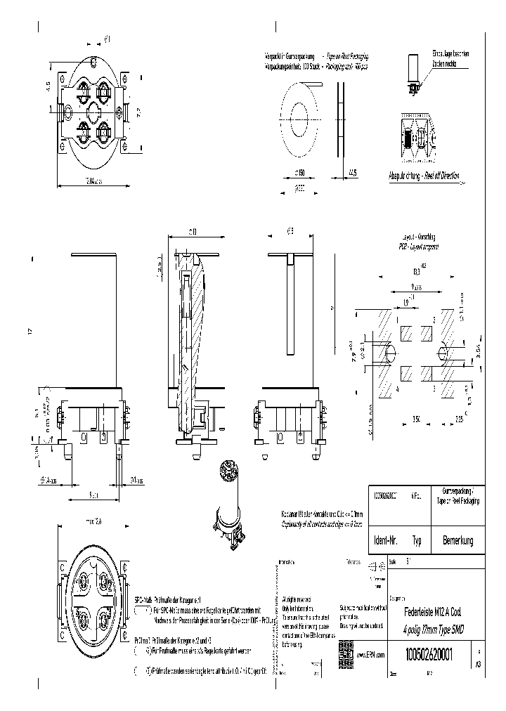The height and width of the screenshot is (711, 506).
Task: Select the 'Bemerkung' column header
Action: (458, 540)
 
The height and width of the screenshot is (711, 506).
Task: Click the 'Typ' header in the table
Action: (417, 541)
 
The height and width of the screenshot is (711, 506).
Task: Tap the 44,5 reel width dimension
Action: (351, 171)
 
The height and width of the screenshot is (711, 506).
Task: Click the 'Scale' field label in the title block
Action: (392, 562)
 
